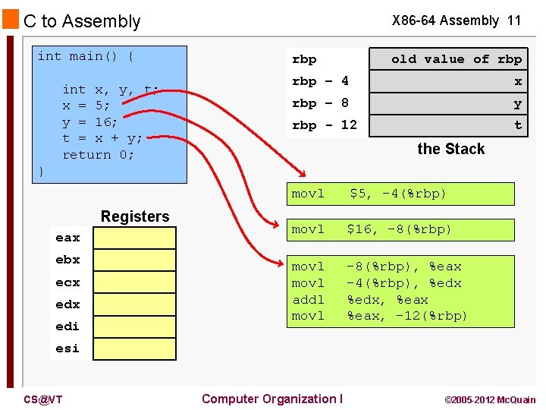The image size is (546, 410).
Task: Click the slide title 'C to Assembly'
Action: pyautogui.click(x=82, y=21)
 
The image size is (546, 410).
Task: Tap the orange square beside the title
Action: pyautogui.click(x=11, y=20)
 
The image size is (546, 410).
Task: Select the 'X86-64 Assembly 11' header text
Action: pyautogui.click(x=456, y=20)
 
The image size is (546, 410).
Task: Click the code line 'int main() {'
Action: pyautogui.click(x=86, y=56)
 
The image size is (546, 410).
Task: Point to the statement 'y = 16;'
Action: pyautogui.click(x=89, y=121)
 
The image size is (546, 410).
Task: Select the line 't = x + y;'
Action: pyautogui.click(x=102, y=138)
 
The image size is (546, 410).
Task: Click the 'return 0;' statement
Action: pyautogui.click(x=98, y=154)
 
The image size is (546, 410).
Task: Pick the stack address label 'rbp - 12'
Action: pyautogui.click(x=324, y=125)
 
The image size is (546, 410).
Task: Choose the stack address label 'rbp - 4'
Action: pyautogui.click(x=320, y=80)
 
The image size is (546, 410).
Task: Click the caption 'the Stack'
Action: pyautogui.click(x=450, y=149)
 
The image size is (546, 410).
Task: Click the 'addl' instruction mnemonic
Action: pyautogui.click(x=308, y=299)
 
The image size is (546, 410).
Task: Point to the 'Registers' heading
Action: pyautogui.click(x=135, y=216)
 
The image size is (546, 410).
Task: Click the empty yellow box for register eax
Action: pyautogui.click(x=134, y=238)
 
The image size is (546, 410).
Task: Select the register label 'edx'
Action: pyautogui.click(x=67, y=304)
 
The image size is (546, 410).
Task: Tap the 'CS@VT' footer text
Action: pyautogui.click(x=42, y=399)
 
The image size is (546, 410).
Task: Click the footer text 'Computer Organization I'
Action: pyautogui.click(x=271, y=399)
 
